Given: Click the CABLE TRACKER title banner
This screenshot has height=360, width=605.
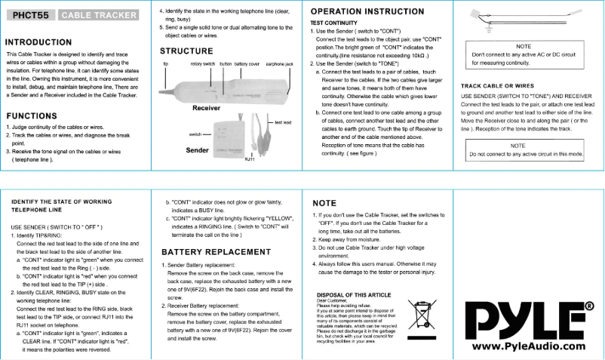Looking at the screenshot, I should click(x=98, y=15).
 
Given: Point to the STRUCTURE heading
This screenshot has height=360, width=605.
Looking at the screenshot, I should click(x=186, y=51).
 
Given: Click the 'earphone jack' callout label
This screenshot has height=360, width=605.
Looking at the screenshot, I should click(x=279, y=64).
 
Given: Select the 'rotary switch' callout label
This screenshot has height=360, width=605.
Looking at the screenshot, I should click(x=202, y=64).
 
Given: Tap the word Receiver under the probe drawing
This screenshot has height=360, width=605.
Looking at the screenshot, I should click(x=206, y=108).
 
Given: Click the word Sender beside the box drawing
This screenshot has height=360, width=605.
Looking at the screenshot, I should click(x=198, y=150).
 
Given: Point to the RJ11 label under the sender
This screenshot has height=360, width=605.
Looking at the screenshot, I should click(x=250, y=160).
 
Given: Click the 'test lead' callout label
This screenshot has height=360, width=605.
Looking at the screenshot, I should click(x=283, y=122).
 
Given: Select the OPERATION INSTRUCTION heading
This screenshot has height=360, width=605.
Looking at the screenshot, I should click(x=367, y=12).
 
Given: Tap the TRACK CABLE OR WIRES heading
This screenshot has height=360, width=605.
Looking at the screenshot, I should click(x=497, y=86).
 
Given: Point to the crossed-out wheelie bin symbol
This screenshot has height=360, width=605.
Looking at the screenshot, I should click(x=421, y=315).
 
